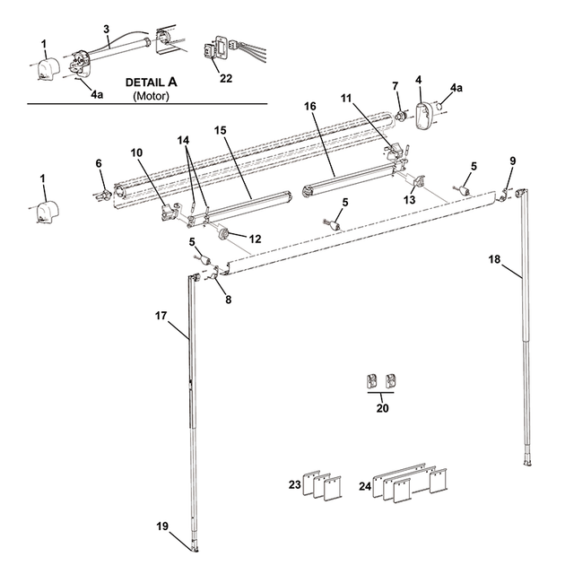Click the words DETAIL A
[x=151, y=82]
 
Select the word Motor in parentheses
[x=151, y=94]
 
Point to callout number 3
[x=106, y=30]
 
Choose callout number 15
[x=220, y=131]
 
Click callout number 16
[x=311, y=106]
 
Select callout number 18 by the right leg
[x=495, y=258]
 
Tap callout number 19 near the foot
[x=163, y=527]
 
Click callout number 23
[x=294, y=484]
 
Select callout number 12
[x=255, y=239]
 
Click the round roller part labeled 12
[x=223, y=234]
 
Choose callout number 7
[x=395, y=86]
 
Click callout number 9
[x=513, y=161]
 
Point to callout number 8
[x=228, y=300]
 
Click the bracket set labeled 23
[x=324, y=484]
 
